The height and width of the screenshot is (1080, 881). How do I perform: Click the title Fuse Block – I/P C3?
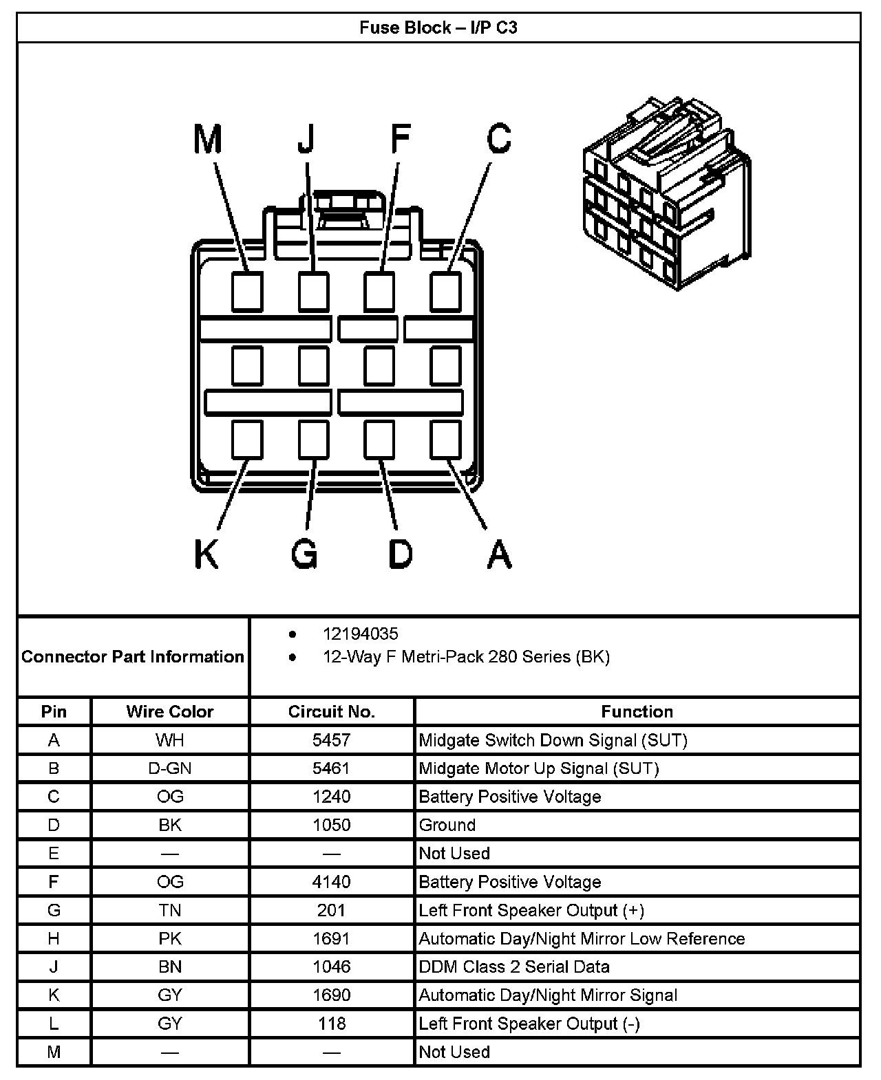click(438, 28)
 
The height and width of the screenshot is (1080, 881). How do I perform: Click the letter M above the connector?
click(208, 139)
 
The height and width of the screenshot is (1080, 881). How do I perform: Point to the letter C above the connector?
click(499, 139)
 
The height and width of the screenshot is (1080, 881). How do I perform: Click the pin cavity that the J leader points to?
click(313, 292)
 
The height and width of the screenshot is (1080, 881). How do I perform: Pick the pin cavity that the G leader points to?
click(313, 440)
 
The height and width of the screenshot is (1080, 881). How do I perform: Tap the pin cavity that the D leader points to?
click(379, 440)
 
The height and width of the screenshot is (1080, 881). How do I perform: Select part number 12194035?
click(361, 634)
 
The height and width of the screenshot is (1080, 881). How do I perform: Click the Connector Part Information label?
click(133, 656)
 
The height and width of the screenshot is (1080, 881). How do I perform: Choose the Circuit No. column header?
click(332, 711)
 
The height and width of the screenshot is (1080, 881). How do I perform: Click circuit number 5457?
click(332, 740)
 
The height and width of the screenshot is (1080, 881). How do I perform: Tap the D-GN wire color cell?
click(170, 768)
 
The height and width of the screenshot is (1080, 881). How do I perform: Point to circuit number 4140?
click(332, 882)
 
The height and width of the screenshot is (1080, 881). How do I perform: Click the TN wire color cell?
click(170, 910)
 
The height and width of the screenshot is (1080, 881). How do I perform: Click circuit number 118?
click(332, 1024)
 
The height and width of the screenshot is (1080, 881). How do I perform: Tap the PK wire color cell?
click(170, 938)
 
